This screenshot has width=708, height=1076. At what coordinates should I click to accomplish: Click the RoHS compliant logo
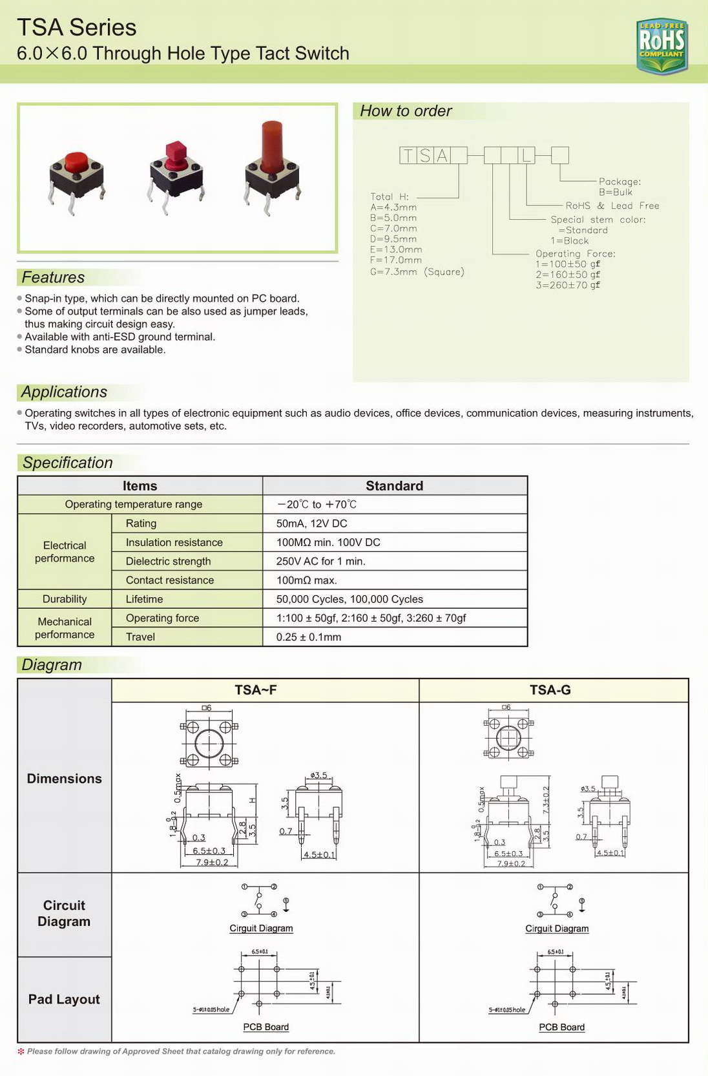pyautogui.click(x=661, y=45)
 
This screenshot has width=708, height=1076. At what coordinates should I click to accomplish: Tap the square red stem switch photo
pyautogui.click(x=176, y=172)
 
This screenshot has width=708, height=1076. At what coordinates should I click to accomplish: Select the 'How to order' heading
pyautogui.click(x=406, y=111)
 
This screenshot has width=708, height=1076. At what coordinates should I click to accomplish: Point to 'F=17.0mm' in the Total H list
pyautogui.click(x=396, y=260)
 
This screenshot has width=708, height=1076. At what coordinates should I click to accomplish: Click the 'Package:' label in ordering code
pyautogui.click(x=619, y=182)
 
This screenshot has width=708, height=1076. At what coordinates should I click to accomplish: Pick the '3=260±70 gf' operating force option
pyautogui.click(x=568, y=285)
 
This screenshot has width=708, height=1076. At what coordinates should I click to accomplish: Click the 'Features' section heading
pyautogui.click(x=53, y=277)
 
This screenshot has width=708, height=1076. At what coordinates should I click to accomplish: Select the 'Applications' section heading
pyautogui.click(x=64, y=392)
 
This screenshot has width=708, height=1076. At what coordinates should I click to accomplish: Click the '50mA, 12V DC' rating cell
pyautogui.click(x=312, y=523)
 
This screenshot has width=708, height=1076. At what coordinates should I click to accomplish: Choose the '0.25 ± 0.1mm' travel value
pyautogui.click(x=309, y=637)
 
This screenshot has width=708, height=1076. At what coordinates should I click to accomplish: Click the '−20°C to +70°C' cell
pyautogui.click(x=317, y=505)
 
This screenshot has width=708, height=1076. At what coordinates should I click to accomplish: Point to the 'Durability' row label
pyautogui.click(x=65, y=599)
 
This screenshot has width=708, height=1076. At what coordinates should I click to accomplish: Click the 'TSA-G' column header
pyautogui.click(x=550, y=690)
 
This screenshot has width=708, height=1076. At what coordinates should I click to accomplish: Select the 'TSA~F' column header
pyautogui.click(x=256, y=690)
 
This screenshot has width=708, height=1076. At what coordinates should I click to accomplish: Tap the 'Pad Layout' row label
pyautogui.click(x=64, y=999)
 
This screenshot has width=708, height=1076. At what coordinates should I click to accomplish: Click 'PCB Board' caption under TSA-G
pyautogui.click(x=561, y=1027)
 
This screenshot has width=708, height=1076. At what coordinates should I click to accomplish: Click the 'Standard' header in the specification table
pyautogui.click(x=394, y=486)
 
